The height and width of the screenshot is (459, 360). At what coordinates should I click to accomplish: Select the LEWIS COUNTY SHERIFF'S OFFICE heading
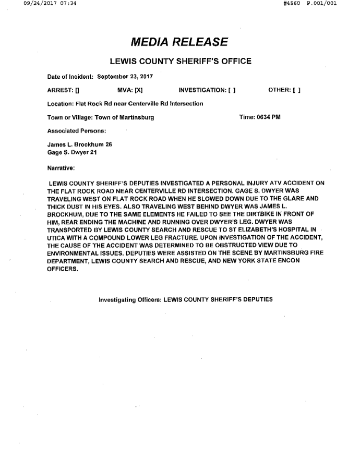point(181,62)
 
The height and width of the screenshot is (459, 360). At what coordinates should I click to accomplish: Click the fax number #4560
point(290,4)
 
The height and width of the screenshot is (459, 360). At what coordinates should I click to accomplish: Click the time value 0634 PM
point(269,117)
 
